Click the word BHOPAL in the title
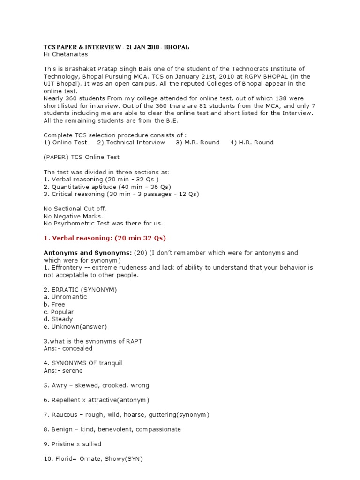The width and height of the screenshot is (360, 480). click(176, 47)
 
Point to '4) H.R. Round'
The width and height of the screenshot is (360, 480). click(252, 142)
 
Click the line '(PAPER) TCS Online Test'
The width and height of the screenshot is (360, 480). click(82, 157)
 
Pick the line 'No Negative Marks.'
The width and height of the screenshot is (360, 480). click(73, 216)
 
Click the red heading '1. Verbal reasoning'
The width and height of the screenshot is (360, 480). click(105, 238)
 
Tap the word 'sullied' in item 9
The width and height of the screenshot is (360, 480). click(91, 444)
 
